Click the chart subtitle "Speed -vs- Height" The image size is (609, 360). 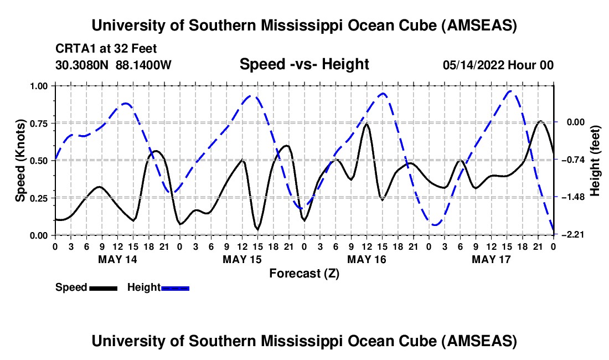tap(304, 65)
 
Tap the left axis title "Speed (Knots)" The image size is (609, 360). tap(20, 161)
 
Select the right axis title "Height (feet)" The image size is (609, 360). tap(595, 161)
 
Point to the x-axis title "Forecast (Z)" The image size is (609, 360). tap(304, 273)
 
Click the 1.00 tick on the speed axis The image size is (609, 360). tap(40, 86)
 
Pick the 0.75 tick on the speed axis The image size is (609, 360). tap(40, 123)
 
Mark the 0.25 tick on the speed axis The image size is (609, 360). tap(40, 198)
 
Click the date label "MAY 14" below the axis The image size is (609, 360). tap(117, 259)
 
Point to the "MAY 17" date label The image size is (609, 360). tap(490, 259)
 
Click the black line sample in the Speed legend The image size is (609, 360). tap(103, 287)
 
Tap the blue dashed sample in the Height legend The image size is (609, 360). tap(175, 287)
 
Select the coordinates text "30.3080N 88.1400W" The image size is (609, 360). tap(113, 65)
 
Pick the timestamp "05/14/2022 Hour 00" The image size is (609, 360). tap(498, 65)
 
